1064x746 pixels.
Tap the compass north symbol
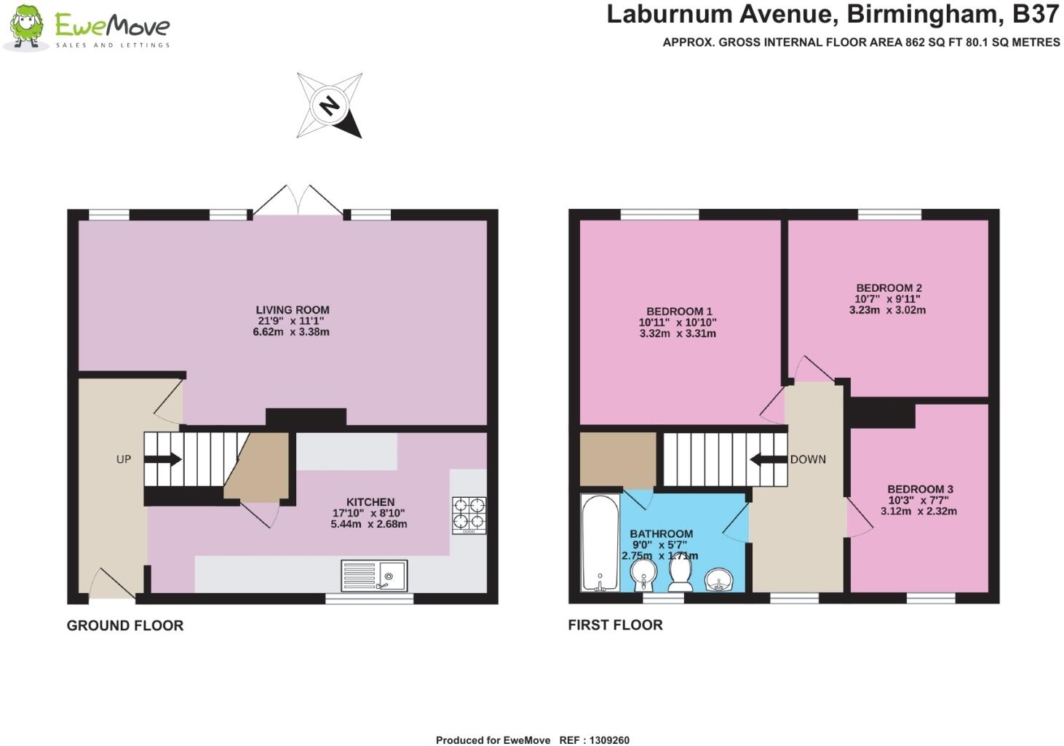click(x=330, y=106)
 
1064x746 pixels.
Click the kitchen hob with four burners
click(x=469, y=514)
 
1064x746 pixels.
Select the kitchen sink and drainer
click(x=374, y=576)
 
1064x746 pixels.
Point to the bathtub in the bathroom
click(x=599, y=542)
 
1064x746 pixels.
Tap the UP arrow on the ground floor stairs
click(x=164, y=459)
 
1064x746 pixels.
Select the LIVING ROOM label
click(x=293, y=310)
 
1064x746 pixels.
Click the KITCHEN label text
click(x=370, y=502)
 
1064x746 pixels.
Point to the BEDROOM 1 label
click(x=679, y=312)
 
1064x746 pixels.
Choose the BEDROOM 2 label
click(x=889, y=288)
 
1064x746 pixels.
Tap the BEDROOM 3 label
click(x=920, y=490)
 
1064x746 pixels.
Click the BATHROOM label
click(x=661, y=534)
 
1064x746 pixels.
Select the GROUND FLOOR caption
click(x=125, y=625)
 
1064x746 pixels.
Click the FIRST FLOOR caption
click(x=615, y=624)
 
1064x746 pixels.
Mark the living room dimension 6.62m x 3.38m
click(x=291, y=332)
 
